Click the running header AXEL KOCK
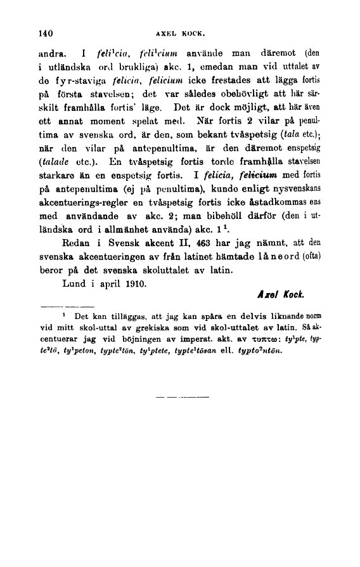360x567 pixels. pyautogui.click(x=179, y=34)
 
